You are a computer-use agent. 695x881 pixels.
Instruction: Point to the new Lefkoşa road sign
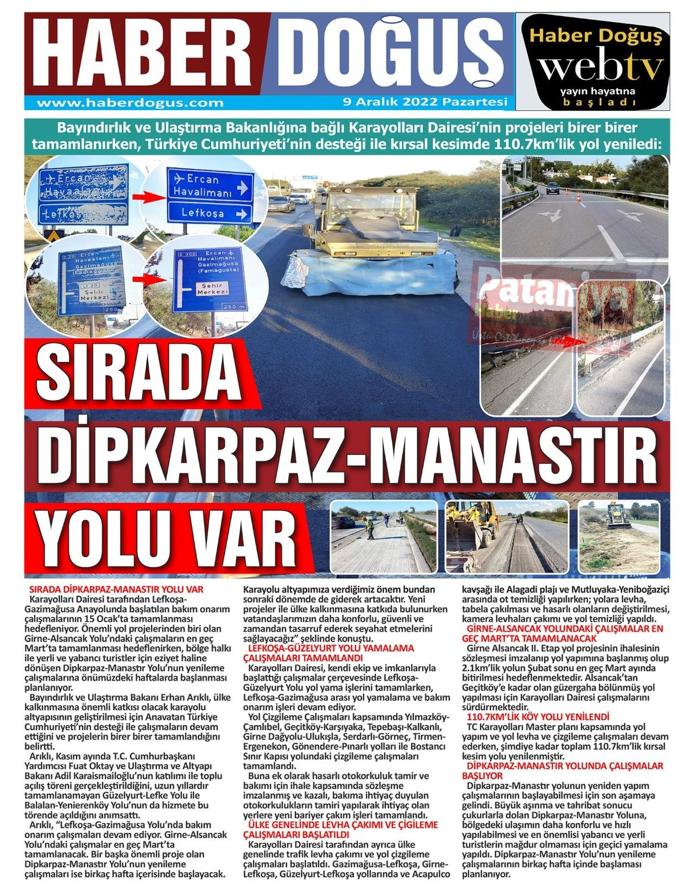click(211, 213)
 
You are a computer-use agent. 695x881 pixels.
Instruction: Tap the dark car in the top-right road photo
click(553, 188)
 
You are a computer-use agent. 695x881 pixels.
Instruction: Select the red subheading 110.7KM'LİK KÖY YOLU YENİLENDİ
click(538, 717)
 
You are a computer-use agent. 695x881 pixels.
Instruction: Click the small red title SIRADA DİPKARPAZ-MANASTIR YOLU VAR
click(116, 589)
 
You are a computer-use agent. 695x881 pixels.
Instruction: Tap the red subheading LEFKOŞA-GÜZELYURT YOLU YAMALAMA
click(331, 648)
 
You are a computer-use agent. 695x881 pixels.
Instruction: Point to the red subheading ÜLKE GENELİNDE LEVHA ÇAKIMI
click(343, 825)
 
